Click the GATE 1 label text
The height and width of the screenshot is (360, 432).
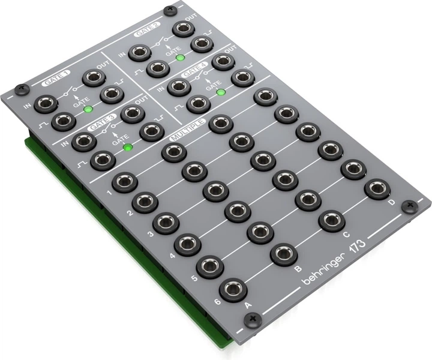(x=57, y=77)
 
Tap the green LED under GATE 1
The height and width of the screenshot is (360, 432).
(x=88, y=109)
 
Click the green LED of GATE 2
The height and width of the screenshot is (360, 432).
(x=180, y=58)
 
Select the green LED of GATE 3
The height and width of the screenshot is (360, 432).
(x=127, y=146)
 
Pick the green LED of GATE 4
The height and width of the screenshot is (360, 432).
(x=221, y=92)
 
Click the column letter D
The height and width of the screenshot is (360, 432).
(x=391, y=203)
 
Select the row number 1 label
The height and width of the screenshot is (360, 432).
(x=109, y=193)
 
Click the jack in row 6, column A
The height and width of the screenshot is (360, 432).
(x=233, y=290)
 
